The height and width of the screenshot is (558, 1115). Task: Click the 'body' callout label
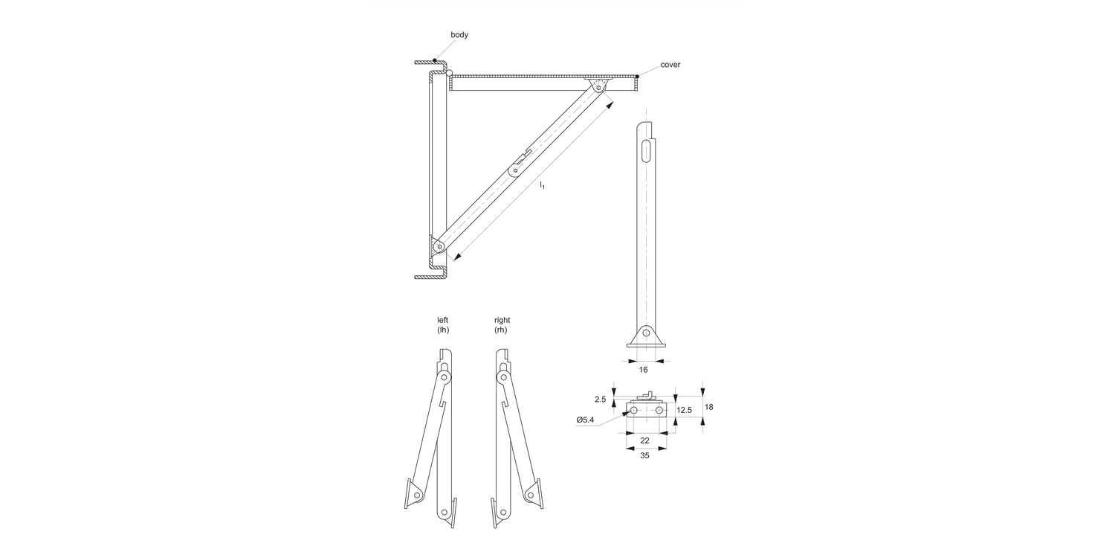point(459,35)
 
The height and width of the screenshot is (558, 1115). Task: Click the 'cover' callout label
point(670,65)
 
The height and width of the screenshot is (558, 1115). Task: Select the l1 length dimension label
point(543,185)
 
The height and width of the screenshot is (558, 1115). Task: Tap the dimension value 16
point(643,369)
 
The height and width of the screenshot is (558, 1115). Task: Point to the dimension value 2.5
point(601,400)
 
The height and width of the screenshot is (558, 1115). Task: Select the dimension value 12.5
point(685,410)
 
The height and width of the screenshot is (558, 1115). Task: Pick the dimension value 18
point(709,407)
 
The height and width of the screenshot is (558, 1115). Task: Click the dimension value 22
point(644,440)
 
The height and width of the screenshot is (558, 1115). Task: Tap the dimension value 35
point(644,455)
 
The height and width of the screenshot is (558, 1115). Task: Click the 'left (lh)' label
point(443,324)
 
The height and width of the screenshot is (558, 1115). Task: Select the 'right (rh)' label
point(502,324)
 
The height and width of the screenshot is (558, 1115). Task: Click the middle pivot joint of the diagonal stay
point(514,171)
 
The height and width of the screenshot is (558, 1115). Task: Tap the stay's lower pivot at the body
point(439,247)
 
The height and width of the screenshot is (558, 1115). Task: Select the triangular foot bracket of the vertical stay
point(646,336)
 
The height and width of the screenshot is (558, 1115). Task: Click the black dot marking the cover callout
point(637,76)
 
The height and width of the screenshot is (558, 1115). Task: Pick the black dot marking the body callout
point(435,61)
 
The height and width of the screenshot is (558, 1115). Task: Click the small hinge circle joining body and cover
point(447,72)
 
